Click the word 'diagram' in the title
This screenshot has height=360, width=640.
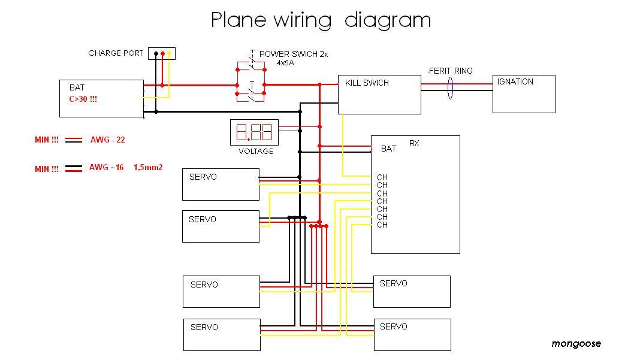coord(387,20)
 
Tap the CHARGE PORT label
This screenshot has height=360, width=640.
coord(116,53)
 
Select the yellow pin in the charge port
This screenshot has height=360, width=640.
coord(169,54)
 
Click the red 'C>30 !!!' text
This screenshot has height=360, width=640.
coord(83,99)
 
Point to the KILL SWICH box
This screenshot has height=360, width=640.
coord(379,95)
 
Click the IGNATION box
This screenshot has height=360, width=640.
coord(524,94)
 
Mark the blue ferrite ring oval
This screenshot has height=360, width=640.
coord(450,87)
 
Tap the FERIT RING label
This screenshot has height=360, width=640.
coord(450,71)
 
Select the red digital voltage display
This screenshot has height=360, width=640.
coord(255,132)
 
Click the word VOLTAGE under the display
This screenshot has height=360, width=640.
coord(256,152)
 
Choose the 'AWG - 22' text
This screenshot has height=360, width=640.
coord(107,140)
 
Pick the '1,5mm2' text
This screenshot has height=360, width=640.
coord(148,168)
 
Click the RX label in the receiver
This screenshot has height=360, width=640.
coord(414,143)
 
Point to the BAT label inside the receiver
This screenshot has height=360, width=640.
coord(388,149)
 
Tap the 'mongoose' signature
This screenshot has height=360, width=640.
coord(576,344)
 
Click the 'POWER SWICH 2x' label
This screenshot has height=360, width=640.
coord(294,54)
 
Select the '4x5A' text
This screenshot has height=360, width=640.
coord(285,62)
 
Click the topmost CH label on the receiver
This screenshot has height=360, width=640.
coord(382,177)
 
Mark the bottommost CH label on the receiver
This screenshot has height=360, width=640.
coord(382,225)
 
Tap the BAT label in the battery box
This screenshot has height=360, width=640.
coord(77,88)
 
